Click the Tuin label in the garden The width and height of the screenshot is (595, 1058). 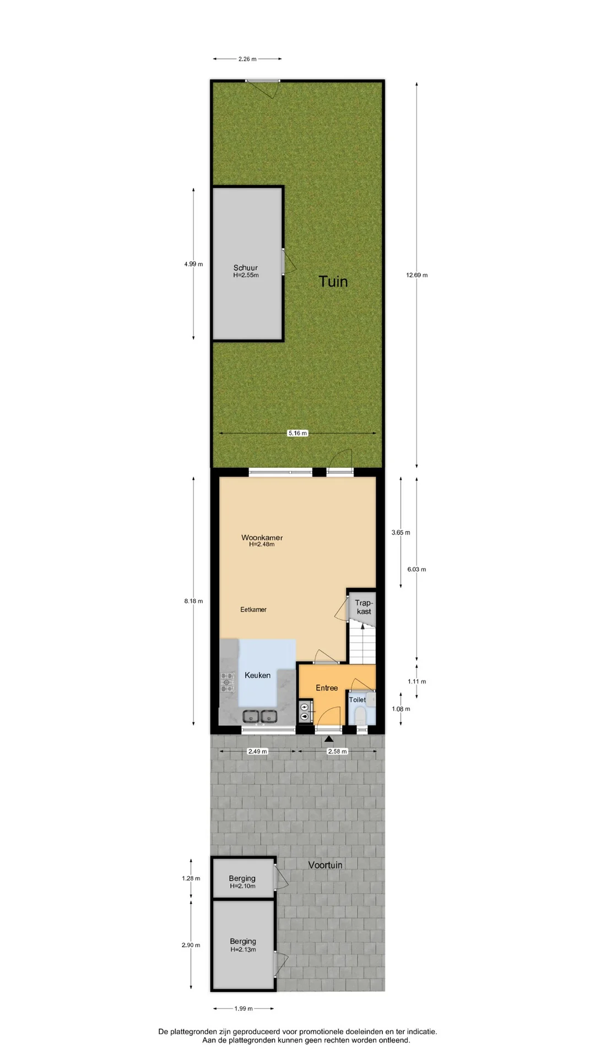tap(333, 282)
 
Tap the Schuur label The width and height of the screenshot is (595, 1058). tap(245, 268)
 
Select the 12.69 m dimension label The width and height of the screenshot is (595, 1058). tap(416, 275)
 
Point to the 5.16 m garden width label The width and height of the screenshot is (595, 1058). tap(297, 433)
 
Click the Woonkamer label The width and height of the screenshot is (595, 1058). tap(262, 538)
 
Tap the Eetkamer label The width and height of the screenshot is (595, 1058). tap(253, 610)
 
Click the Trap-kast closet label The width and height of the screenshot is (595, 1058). tap(364, 607)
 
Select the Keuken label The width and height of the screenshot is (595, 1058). tap(257, 675)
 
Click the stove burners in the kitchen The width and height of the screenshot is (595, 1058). tap(228, 682)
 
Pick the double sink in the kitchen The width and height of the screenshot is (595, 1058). tap(260, 716)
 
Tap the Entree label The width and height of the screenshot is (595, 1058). tap(327, 688)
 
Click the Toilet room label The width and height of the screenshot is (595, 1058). tap(357, 700)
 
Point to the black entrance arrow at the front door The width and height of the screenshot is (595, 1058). tap(329, 739)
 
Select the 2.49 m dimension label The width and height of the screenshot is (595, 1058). tap(257, 751)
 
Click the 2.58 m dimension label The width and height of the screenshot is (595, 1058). tap(337, 751)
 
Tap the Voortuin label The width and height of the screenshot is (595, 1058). tap(325, 865)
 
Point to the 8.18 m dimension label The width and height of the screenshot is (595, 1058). tap(193, 601)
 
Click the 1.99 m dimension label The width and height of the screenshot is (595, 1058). tap(244, 1008)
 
